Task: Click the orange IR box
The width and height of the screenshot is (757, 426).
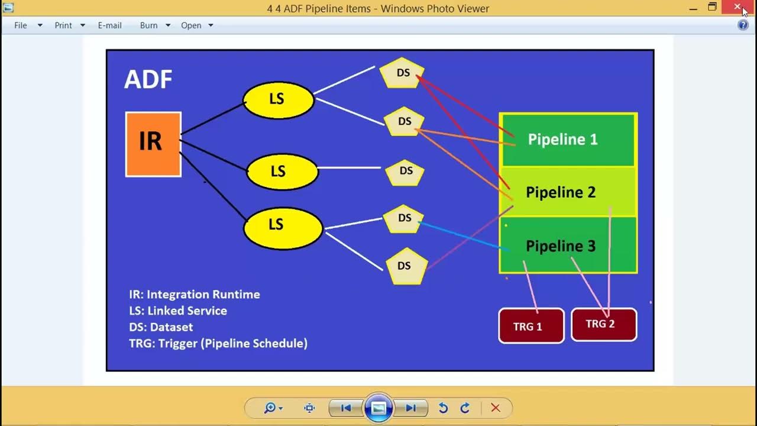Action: (x=153, y=144)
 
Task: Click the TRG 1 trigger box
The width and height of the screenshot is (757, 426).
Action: (x=530, y=325)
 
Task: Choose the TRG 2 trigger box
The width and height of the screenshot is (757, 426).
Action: (x=603, y=324)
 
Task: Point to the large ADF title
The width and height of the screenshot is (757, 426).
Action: (x=148, y=79)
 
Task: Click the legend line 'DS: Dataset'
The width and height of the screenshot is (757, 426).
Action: (x=161, y=327)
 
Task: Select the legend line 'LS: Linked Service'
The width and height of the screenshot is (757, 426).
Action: (x=178, y=311)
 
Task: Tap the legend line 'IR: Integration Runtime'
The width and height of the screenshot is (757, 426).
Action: (x=195, y=294)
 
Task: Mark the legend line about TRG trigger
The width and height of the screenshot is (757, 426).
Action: (x=218, y=343)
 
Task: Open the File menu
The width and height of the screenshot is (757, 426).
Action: (x=21, y=25)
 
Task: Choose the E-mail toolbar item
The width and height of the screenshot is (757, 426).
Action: (x=109, y=25)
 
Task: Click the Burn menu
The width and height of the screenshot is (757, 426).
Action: (x=148, y=25)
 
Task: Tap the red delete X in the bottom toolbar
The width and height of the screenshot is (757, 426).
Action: (x=496, y=408)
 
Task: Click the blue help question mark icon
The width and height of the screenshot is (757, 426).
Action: (x=743, y=25)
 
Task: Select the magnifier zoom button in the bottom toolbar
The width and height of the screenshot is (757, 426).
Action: (x=270, y=408)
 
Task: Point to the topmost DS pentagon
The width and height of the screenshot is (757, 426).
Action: (x=402, y=73)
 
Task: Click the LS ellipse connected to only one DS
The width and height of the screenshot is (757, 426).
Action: (x=282, y=172)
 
